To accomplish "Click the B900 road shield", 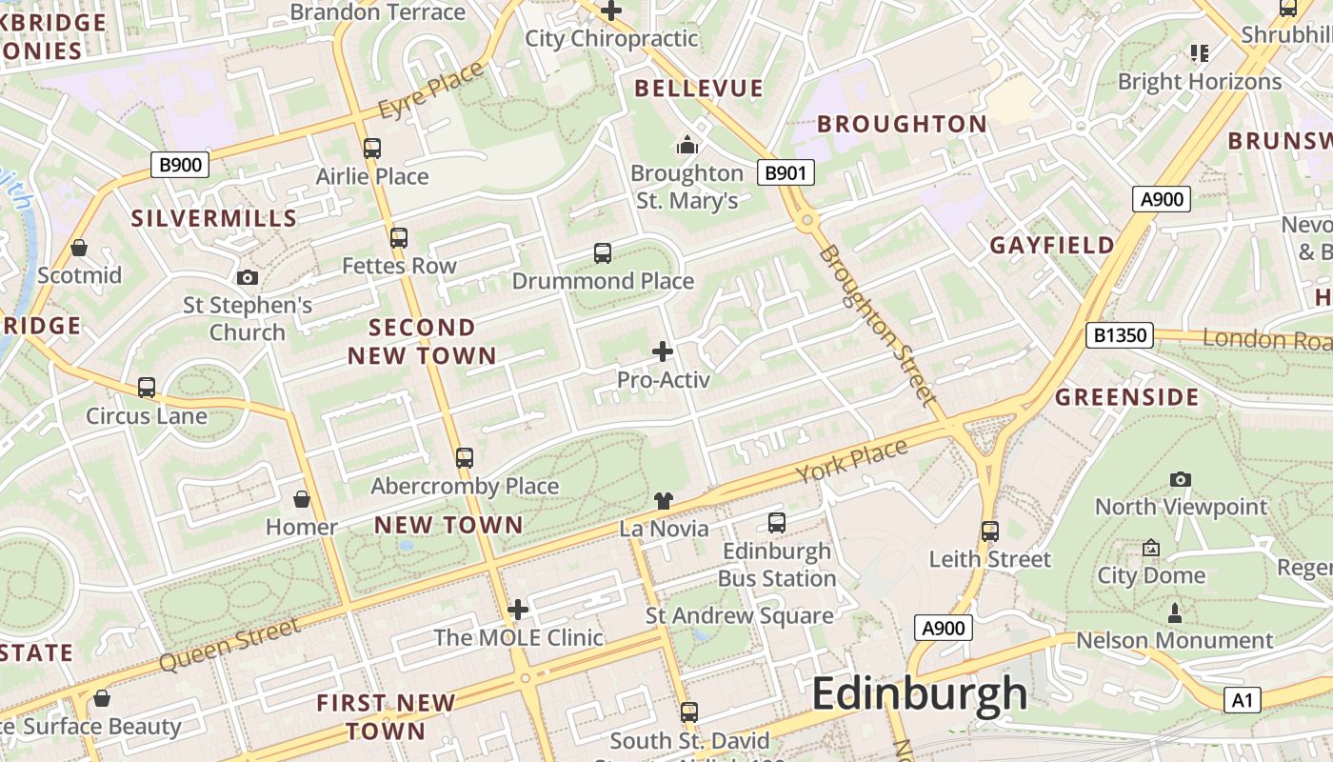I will (180, 165).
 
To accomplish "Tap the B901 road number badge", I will (786, 172).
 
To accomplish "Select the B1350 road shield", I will (1120, 335).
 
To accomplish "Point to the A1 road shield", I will (1242, 701).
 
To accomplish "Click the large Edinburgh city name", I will (919, 693).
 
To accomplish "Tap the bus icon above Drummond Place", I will (603, 253).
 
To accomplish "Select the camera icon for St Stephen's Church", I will (248, 277).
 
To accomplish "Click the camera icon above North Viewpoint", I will (1181, 479).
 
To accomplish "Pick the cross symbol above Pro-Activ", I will (663, 351).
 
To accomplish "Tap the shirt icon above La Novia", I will (664, 501).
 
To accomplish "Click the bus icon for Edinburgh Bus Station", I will (777, 523).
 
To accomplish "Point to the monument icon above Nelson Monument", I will (1174, 612).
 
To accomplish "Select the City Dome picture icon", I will (1151, 548).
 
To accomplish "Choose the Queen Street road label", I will (229, 645).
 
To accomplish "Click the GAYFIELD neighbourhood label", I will (1052, 246).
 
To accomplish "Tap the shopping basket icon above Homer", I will (302, 499).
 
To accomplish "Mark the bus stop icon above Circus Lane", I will (147, 388).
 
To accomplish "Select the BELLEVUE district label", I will (699, 89).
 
